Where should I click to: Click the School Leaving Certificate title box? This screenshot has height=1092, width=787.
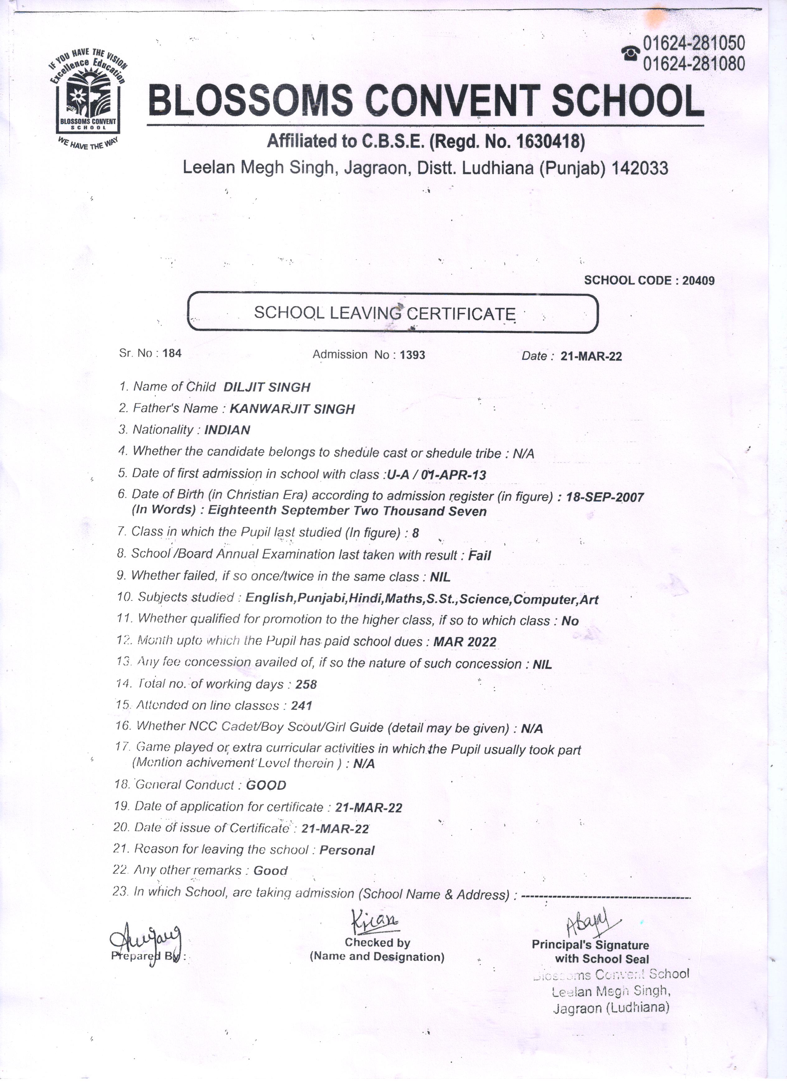(x=392, y=313)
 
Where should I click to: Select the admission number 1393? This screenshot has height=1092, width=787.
(x=412, y=355)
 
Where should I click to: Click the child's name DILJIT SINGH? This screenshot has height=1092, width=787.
(x=267, y=387)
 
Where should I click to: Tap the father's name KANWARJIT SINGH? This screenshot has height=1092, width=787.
(x=292, y=409)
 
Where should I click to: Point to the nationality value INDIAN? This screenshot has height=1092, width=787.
(x=227, y=430)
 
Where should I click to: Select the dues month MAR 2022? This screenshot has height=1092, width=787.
(x=464, y=642)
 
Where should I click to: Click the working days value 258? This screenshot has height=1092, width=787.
(x=306, y=684)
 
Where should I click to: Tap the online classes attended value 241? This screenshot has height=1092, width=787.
(x=302, y=706)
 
